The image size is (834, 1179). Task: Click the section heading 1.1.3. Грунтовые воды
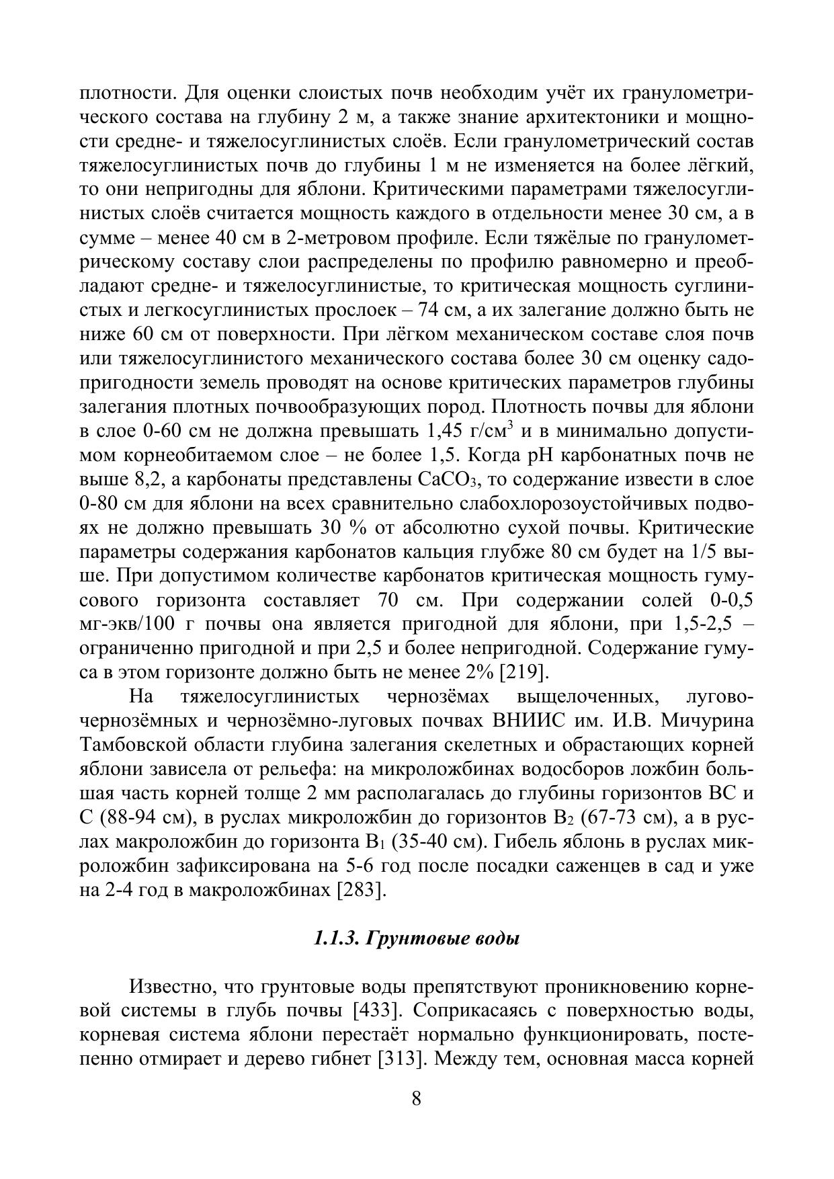(x=417, y=939)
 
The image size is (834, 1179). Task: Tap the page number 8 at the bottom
(x=416, y=1098)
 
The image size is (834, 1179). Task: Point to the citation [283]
(x=362, y=891)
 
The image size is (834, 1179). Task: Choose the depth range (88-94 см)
(x=143, y=818)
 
